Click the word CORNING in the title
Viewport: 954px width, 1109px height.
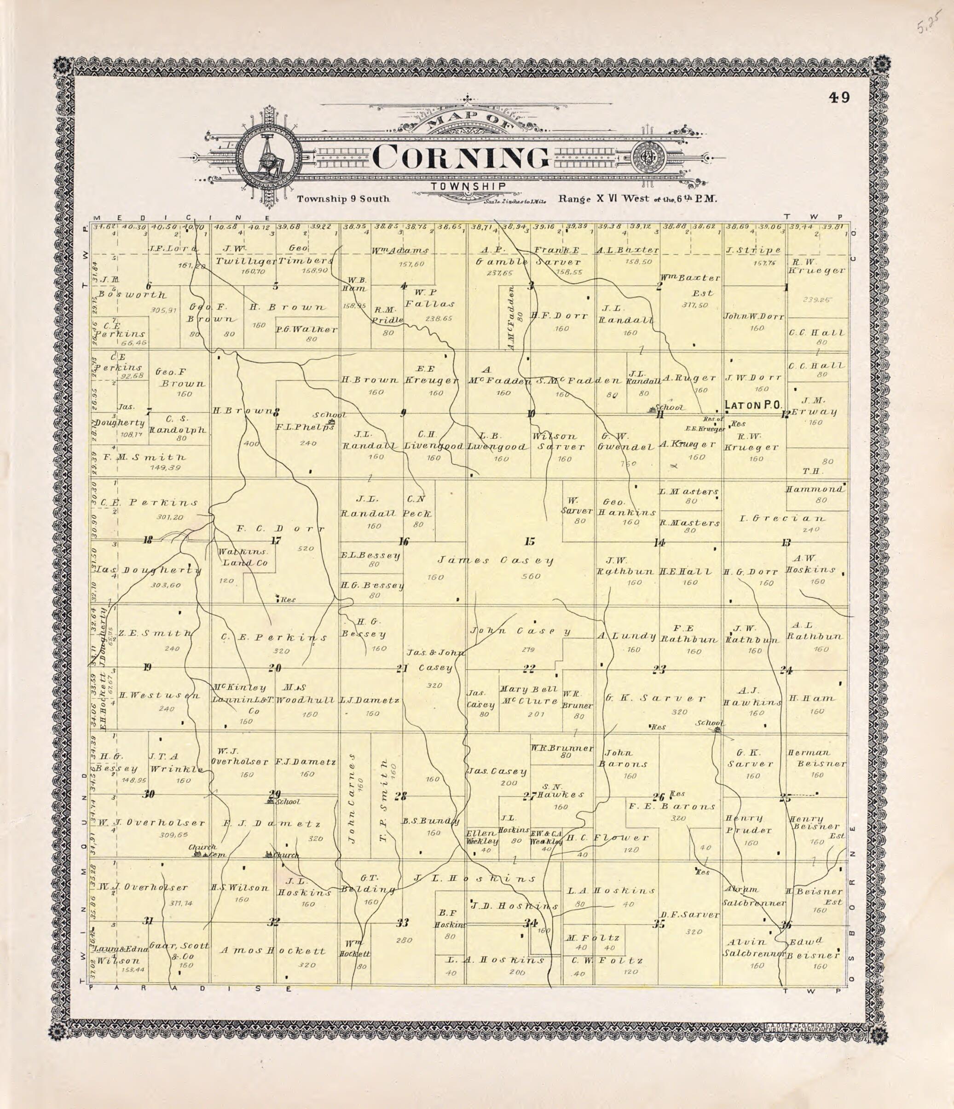tap(460, 157)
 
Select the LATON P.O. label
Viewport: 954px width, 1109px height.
tap(751, 405)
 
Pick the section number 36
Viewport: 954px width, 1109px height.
tap(786, 925)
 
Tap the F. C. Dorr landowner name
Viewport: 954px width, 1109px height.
tap(281, 529)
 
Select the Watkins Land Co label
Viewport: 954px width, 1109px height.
tap(242, 557)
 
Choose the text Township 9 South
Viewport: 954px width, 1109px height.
tap(343, 199)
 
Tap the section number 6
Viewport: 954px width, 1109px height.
tap(148, 286)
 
